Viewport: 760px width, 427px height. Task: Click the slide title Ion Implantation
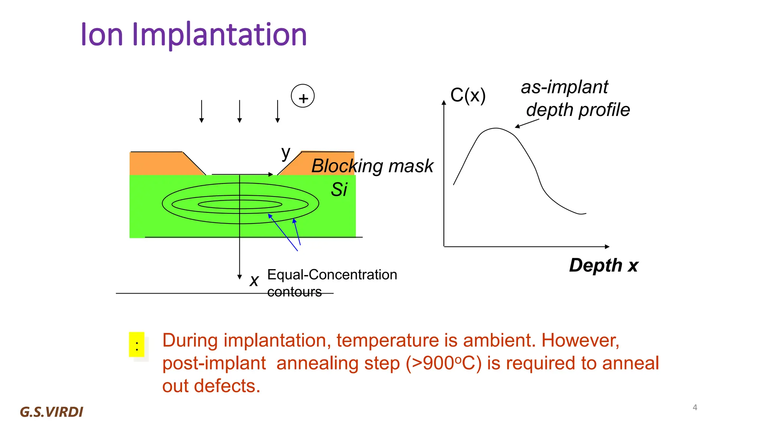coord(193,34)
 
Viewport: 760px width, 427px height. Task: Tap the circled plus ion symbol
coord(303,96)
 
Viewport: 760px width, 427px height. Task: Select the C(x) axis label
coord(468,95)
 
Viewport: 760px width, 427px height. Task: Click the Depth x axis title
coord(603,265)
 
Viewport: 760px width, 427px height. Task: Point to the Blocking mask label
coord(372,166)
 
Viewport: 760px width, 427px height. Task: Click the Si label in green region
coord(339,190)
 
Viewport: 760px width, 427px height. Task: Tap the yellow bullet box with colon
coord(137,345)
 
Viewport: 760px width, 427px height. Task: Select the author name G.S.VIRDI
coord(52,412)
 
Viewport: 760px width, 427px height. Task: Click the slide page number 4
coord(695,407)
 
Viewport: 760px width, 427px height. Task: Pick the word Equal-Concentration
coord(332,275)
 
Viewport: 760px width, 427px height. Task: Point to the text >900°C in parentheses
coord(443,363)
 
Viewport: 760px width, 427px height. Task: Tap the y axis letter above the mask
coord(285,153)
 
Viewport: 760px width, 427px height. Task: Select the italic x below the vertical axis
coord(254,281)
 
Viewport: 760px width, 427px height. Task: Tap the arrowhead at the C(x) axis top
coord(444,102)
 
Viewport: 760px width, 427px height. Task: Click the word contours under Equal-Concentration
coord(294,292)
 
